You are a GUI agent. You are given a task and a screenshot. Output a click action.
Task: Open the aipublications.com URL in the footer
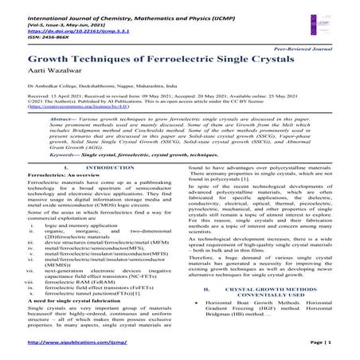pyautogui.click(x=80, y=346)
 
